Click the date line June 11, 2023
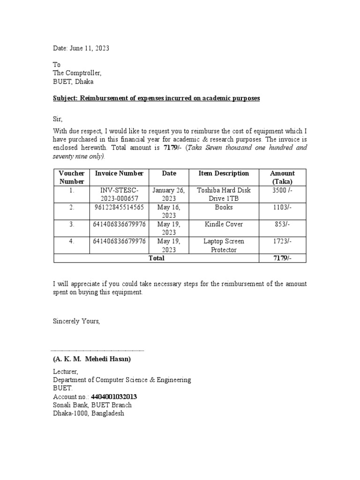pyautogui.click(x=81, y=48)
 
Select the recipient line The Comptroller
pyautogui.click(x=77, y=73)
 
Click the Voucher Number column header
pyautogui.click(x=71, y=177)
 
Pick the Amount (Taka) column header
pyautogui.click(x=282, y=177)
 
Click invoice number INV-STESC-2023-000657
pyautogui.click(x=119, y=194)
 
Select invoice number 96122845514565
pyautogui.click(x=119, y=207)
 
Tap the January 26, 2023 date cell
pyautogui.click(x=169, y=194)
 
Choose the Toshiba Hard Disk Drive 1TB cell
pyautogui.click(x=224, y=194)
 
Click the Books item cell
pyautogui.click(x=224, y=207)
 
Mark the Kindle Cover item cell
pyautogui.click(x=224, y=225)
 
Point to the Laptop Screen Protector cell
pyautogui.click(x=224, y=245)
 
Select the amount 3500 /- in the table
pyautogui.click(x=282, y=190)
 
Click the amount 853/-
pyautogui.click(x=282, y=225)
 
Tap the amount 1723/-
pyautogui.click(x=282, y=241)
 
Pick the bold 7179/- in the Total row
pyautogui.click(x=282, y=258)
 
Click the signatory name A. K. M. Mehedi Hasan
pyautogui.click(x=92, y=359)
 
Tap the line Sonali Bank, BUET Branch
pyautogui.click(x=92, y=405)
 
